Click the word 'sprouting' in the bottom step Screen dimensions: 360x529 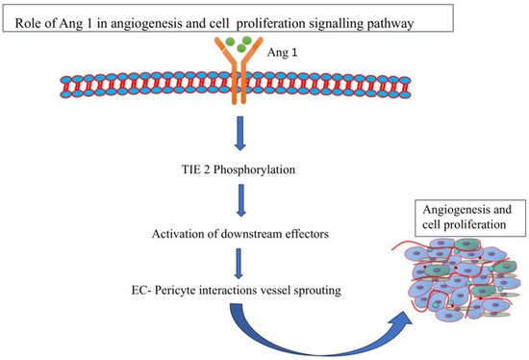click(x=322, y=289)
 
